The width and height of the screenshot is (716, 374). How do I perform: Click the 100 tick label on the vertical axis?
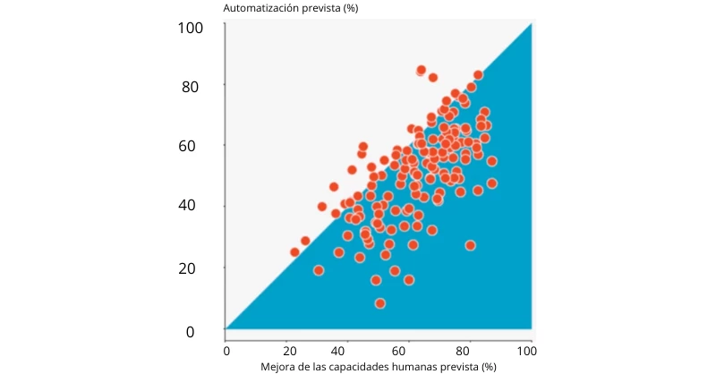pos(191,28)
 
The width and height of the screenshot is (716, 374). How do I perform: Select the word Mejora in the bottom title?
pos(277,366)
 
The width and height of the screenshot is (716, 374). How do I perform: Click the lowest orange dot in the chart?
pos(379,303)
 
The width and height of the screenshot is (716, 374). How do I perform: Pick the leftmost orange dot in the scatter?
pos(294,252)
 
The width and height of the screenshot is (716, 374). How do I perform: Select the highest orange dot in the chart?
pos(422,70)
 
